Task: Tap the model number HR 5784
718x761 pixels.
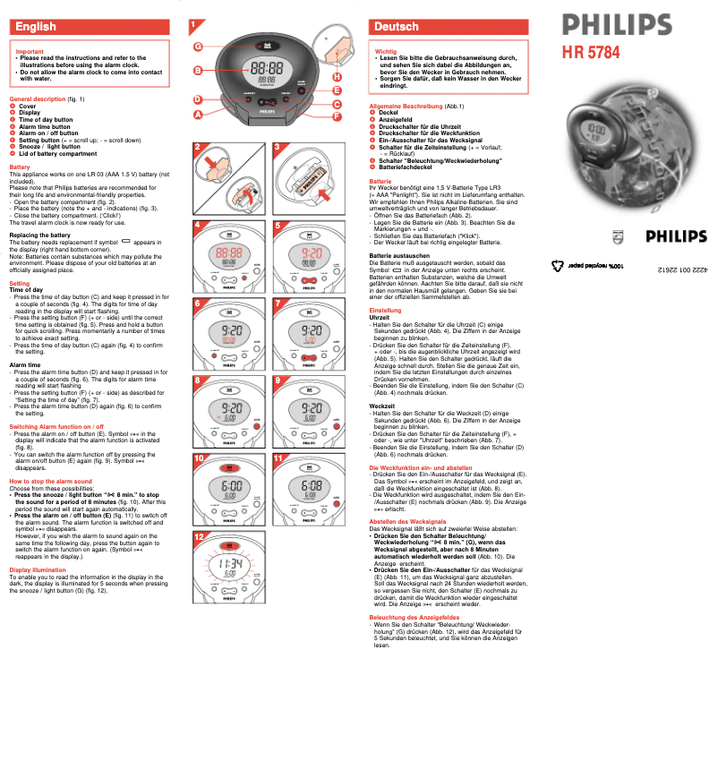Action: click(x=590, y=52)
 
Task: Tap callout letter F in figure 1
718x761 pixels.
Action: click(x=338, y=116)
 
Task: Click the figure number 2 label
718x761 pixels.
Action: click(x=198, y=146)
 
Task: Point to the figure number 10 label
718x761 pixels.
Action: click(x=200, y=458)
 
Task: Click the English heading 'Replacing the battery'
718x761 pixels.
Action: click(x=38, y=235)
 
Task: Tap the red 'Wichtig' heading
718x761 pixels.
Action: click(x=386, y=52)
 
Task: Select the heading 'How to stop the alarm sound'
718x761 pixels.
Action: click(x=50, y=482)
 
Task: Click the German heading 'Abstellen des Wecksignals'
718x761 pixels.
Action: click(x=407, y=521)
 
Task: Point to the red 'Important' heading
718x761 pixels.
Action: click(x=30, y=52)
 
